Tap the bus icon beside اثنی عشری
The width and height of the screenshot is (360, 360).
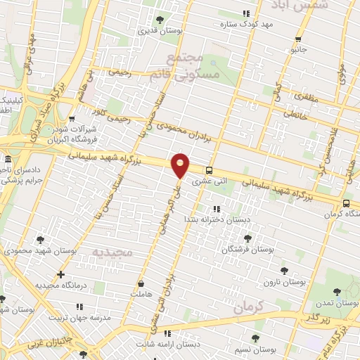coord(210,170)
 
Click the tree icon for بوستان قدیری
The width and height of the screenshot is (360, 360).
coord(160,20)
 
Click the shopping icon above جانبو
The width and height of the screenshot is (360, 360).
coord(299,39)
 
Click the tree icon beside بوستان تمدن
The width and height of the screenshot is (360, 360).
coord(337,291)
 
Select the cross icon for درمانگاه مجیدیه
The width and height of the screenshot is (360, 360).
coord(61,274)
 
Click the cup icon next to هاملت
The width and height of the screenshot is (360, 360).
coord(141,283)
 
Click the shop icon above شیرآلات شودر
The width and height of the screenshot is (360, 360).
coord(73,120)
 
